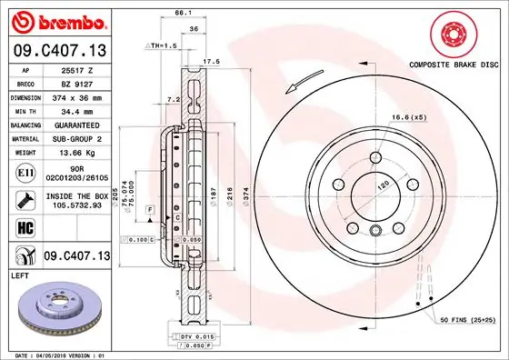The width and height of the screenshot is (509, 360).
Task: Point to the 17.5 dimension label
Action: pyautogui.click(x=211, y=61)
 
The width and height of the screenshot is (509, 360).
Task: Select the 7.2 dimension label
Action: pyautogui.click(x=174, y=98)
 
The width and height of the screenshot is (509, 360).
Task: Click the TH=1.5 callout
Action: pyautogui.click(x=165, y=45)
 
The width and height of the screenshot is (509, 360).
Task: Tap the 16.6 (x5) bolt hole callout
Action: pyautogui.click(x=409, y=117)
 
